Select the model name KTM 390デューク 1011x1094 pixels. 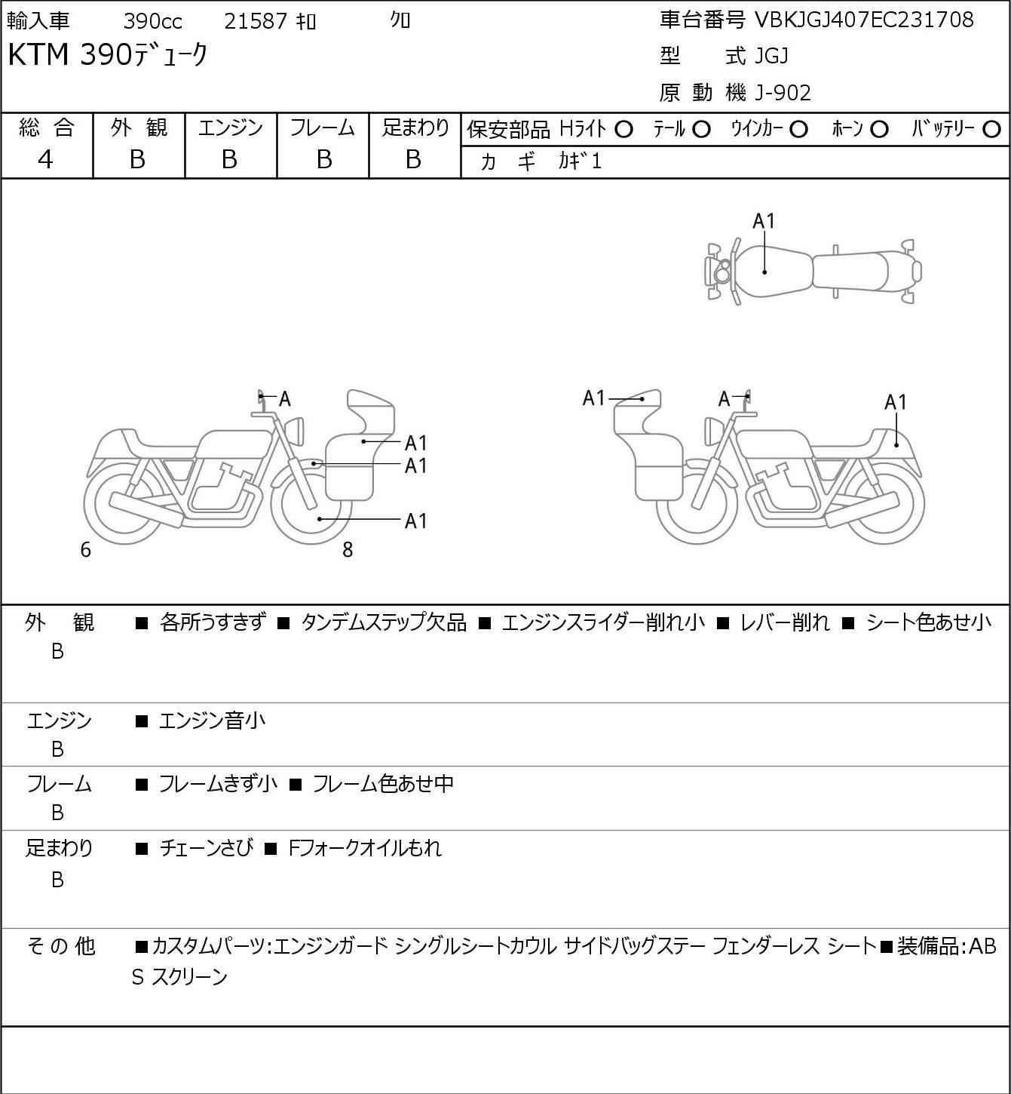click(107, 56)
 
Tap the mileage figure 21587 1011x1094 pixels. click(256, 21)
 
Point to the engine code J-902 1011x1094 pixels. click(779, 93)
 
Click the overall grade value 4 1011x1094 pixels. click(46, 159)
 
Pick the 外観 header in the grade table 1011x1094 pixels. click(139, 128)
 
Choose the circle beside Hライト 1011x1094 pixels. click(623, 130)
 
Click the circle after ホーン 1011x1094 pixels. click(879, 130)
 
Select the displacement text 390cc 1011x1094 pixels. click(152, 21)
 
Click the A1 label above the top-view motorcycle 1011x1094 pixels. click(764, 221)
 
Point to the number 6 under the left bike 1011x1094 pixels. click(85, 550)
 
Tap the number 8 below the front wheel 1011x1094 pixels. click(348, 550)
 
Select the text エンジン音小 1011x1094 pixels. click(212, 721)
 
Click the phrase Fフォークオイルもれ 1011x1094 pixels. click(365, 848)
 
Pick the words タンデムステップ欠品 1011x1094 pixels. click(384, 623)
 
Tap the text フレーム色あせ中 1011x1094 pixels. click(383, 785)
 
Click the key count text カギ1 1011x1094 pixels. click(580, 161)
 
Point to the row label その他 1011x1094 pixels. click(60, 945)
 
